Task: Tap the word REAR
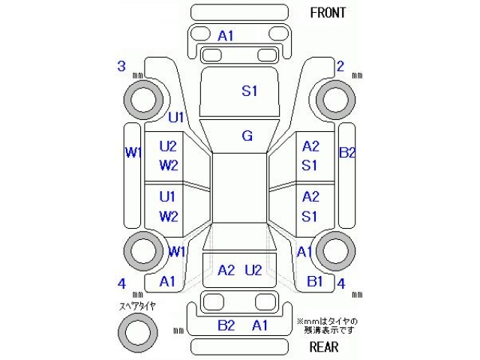coord(324,346)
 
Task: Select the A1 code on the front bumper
coord(226,36)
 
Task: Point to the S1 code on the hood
coord(249,91)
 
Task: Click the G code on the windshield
coord(247,136)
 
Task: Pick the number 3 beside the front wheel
coord(121,67)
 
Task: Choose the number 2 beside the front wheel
coord(340,67)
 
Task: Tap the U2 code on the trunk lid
coord(253,270)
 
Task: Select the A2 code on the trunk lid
coord(226,270)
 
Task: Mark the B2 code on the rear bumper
coord(226,325)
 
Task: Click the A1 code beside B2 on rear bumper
coord(260,325)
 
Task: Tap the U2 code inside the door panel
coord(167,145)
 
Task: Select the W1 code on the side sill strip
coord(133,153)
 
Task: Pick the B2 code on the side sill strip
coord(347,153)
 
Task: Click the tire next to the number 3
coord(142,98)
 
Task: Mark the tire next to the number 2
coord(334,98)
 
